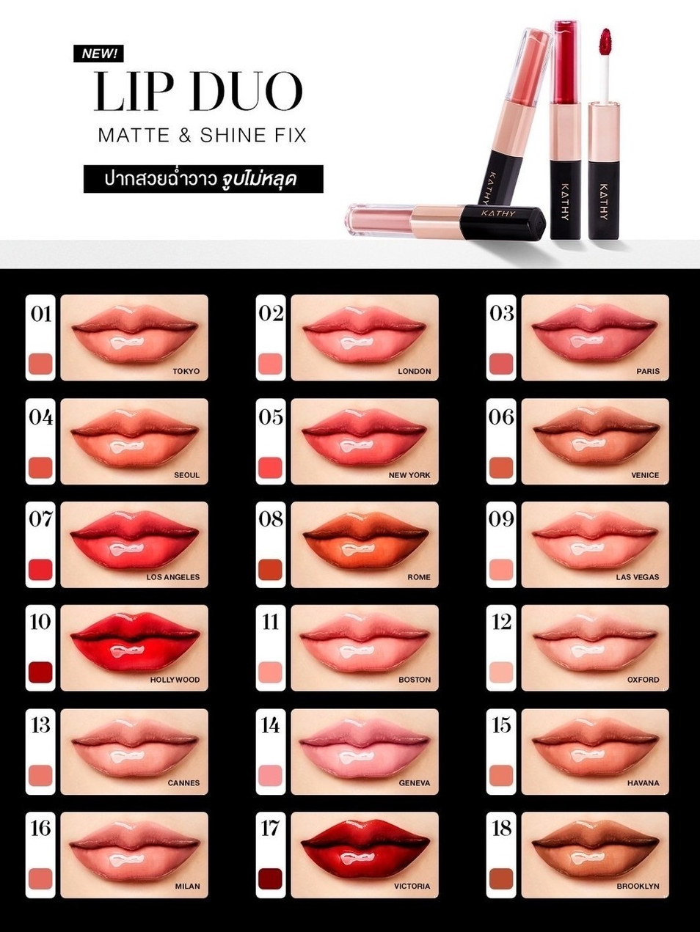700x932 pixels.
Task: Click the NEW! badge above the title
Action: tap(98, 54)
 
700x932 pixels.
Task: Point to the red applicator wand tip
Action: tap(605, 40)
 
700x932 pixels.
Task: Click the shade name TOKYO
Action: tap(186, 371)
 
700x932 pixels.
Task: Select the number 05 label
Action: tap(270, 417)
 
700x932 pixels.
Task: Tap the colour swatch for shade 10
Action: tap(40, 672)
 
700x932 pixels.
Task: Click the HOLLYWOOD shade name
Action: tap(175, 680)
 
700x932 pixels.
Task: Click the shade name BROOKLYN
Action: tap(638, 886)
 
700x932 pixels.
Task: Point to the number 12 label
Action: tap(501, 623)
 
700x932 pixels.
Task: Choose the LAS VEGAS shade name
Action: tap(638, 577)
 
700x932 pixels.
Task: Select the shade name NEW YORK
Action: tap(409, 475)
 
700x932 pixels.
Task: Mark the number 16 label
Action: tap(40, 829)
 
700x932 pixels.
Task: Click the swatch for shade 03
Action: tap(501, 364)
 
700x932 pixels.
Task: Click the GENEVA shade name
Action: tap(414, 783)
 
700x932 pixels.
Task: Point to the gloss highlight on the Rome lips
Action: tap(352, 549)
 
